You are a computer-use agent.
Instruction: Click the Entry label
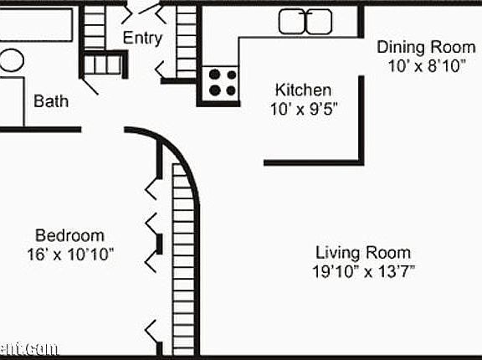click(x=142, y=38)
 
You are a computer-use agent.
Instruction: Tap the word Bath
click(x=51, y=101)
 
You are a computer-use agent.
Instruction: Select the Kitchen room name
click(x=304, y=90)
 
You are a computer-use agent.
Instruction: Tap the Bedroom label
click(x=69, y=235)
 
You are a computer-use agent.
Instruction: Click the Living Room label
click(x=363, y=252)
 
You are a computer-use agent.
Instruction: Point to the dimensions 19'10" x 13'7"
click(x=363, y=270)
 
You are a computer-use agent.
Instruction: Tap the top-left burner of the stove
click(x=213, y=75)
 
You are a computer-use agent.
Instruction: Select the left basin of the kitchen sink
click(x=292, y=21)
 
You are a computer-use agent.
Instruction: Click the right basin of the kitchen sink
click(x=320, y=21)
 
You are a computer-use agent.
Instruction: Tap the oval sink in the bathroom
click(x=10, y=60)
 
